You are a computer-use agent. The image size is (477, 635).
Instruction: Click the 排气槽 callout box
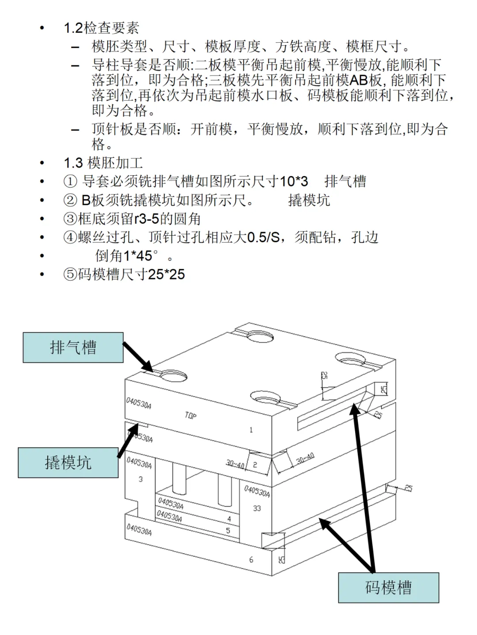(x=73, y=348)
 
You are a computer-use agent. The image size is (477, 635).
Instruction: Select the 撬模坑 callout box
(x=68, y=462)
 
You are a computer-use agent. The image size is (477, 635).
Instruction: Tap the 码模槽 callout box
(x=388, y=587)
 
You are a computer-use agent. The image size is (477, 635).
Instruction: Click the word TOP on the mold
(x=190, y=415)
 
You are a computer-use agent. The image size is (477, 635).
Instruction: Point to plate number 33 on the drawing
(x=257, y=508)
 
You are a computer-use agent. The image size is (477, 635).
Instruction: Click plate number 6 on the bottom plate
(x=251, y=560)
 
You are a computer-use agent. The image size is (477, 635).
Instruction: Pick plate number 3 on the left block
(x=140, y=479)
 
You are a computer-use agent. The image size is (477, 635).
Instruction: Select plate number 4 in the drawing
(x=229, y=519)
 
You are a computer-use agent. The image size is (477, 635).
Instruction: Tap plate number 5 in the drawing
(x=228, y=530)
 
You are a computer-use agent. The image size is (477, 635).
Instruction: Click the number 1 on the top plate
(x=251, y=430)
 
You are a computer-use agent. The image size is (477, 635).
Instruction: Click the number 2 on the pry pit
(x=255, y=465)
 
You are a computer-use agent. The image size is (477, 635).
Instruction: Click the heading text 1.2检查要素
(x=101, y=28)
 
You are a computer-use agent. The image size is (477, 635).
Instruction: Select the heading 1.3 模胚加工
(x=103, y=163)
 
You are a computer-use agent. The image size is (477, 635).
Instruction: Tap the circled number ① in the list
(x=70, y=181)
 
